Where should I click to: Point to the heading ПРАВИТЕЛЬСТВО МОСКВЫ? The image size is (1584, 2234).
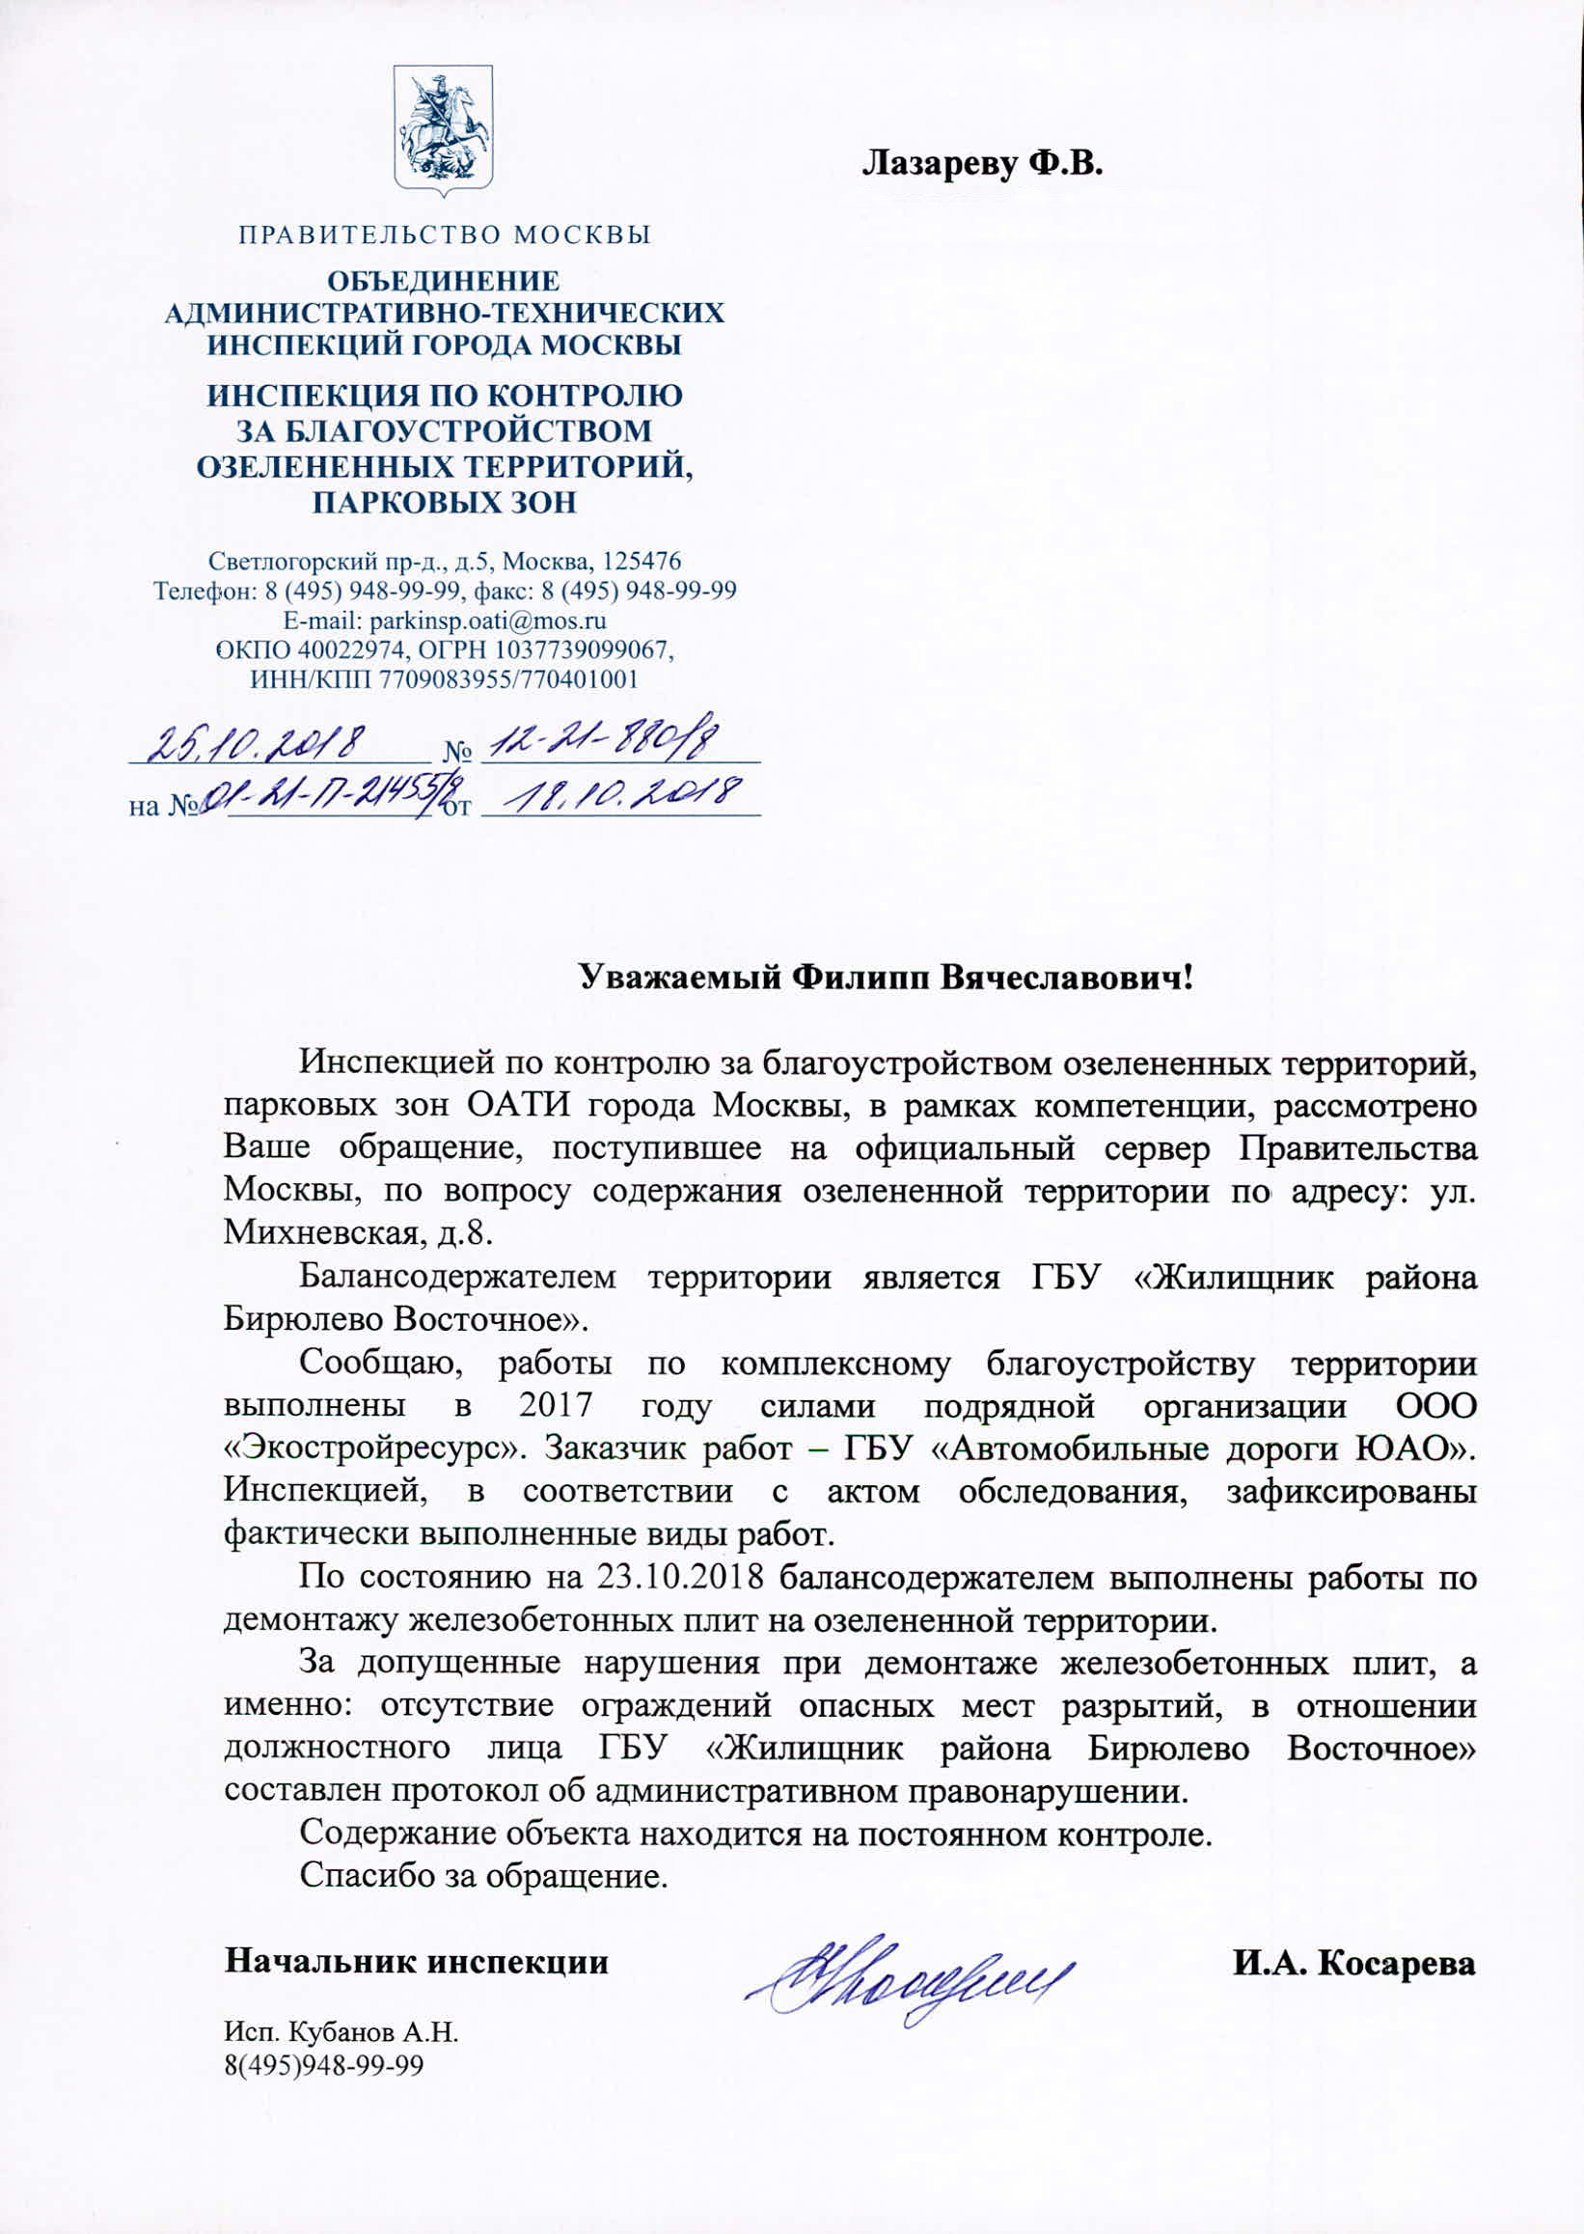tap(446, 235)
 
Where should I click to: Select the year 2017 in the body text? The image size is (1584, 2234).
tap(555, 1406)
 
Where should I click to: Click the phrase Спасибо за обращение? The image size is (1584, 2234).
tap(483, 1877)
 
